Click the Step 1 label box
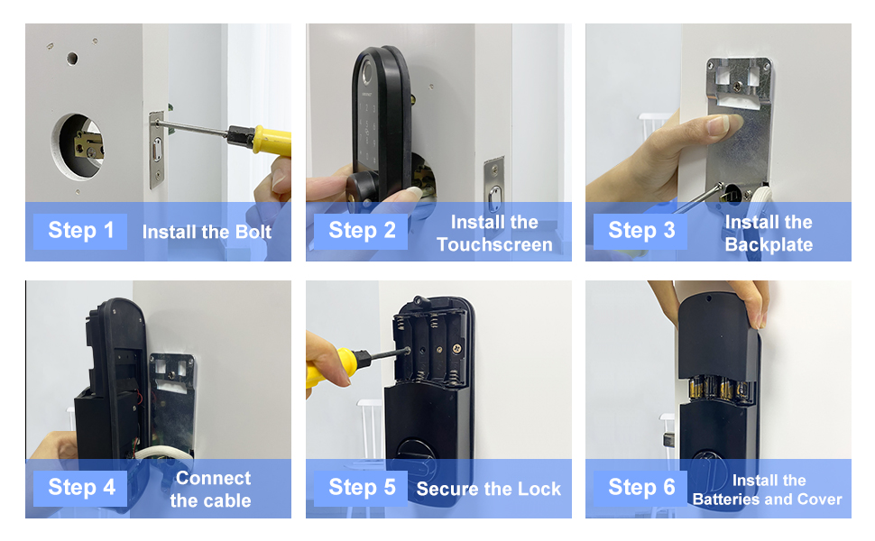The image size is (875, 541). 80,231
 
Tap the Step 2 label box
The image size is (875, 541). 361,231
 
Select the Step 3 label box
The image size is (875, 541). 640,231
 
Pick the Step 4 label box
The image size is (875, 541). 80,488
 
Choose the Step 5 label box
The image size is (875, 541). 361,488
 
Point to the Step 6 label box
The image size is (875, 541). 640,488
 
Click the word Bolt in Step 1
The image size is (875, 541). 253,232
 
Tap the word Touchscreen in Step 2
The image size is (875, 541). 494,244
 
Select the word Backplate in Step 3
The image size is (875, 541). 769,244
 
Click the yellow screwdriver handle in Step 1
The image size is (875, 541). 272,141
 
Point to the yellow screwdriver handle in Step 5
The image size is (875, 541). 331,367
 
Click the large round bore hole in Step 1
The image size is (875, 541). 78,147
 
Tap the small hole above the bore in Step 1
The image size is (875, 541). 72,58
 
